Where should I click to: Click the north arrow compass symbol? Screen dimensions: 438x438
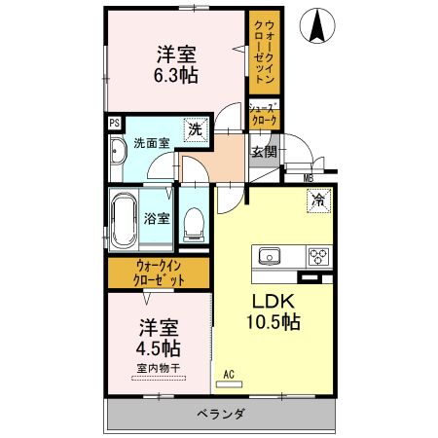click(317, 25)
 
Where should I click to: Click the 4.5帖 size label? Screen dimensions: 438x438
click(159, 347)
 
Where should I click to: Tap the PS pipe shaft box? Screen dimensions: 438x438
click(115, 123)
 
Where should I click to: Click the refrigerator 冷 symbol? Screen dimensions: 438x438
click(318, 201)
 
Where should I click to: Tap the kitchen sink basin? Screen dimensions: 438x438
click(269, 257)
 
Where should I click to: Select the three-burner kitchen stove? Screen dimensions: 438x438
click(318, 257)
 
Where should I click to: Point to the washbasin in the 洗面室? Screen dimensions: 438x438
click(118, 153)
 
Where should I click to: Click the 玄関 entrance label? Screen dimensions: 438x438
click(264, 151)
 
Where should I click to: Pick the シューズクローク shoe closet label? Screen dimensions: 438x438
click(264, 114)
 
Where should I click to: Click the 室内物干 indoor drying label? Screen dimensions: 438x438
click(159, 368)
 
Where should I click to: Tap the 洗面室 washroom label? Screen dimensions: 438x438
click(152, 143)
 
